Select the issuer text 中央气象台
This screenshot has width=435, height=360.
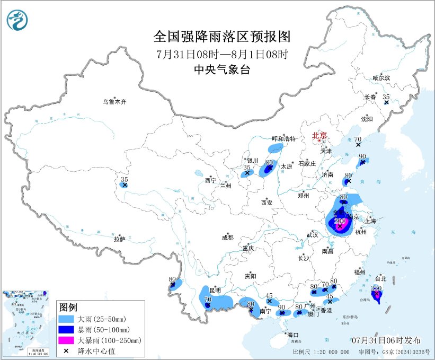point(222,69)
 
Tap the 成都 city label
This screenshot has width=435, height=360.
point(228,238)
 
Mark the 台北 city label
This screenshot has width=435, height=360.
point(380,278)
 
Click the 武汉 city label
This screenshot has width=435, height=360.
point(312,234)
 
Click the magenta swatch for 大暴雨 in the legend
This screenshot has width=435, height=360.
point(67,340)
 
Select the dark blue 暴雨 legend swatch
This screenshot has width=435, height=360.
point(67,329)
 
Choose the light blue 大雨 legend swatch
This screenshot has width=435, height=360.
point(67,319)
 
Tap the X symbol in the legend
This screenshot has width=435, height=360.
point(67,350)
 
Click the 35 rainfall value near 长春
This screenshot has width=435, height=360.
point(386,97)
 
